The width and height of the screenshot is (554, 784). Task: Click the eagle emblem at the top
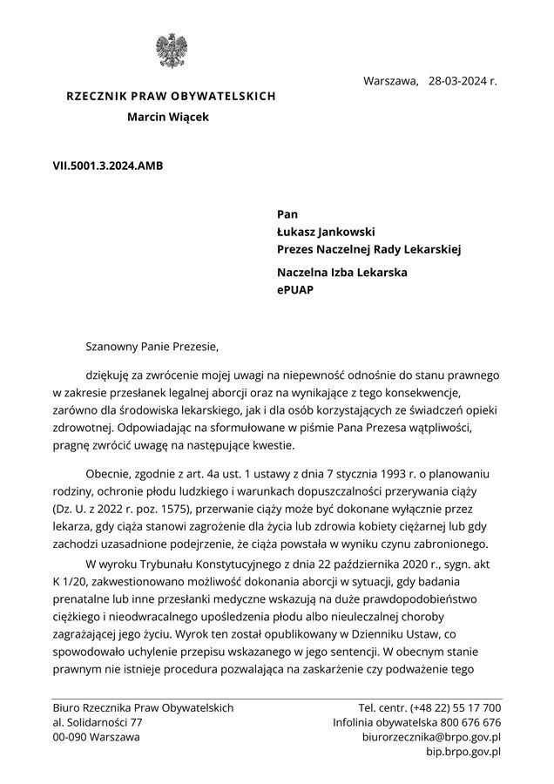[171, 52]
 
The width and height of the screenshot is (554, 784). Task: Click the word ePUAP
[296, 290]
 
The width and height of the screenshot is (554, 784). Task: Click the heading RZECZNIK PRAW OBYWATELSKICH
[171, 96]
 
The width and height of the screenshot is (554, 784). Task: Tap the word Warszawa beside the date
[390, 82]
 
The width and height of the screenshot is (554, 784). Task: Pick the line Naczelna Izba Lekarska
[342, 273]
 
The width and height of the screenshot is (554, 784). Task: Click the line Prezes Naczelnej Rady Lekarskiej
[368, 249]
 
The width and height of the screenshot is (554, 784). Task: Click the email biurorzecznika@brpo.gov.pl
[431, 737]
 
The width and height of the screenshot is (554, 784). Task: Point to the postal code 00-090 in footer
[71, 737]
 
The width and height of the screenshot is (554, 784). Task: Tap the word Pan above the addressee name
[287, 213]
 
